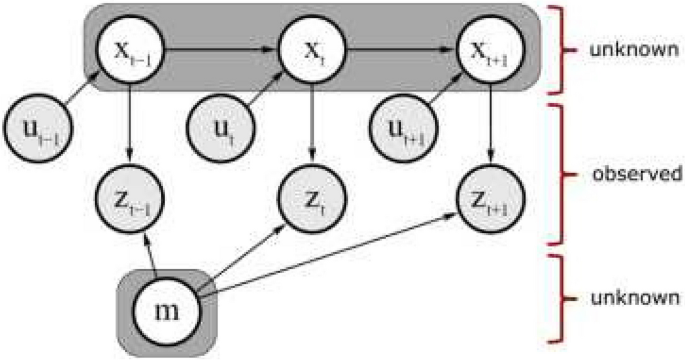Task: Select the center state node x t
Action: click(314, 48)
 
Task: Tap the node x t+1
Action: click(489, 48)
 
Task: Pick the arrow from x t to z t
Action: click(314, 120)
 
